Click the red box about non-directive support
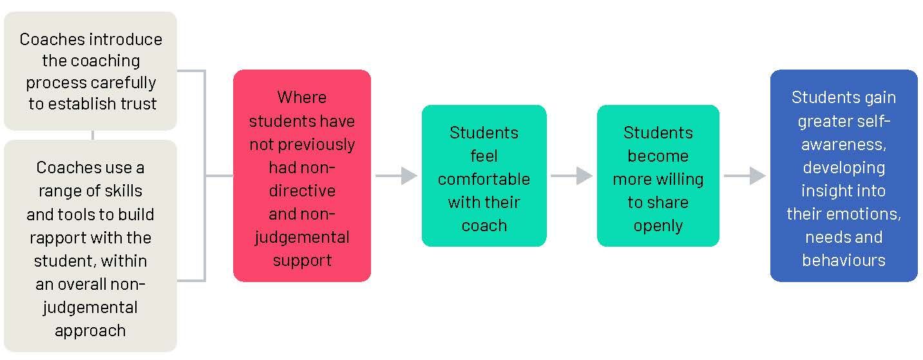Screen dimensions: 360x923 pos(301,175)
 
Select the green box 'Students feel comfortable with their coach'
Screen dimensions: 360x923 pos(484,175)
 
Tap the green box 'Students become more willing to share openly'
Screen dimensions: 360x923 pos(658,175)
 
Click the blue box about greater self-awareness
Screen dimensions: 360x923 pos(843,175)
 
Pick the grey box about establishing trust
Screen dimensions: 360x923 pos(90,71)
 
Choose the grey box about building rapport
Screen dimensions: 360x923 pos(90,245)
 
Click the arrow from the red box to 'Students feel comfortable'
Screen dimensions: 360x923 pos(397,175)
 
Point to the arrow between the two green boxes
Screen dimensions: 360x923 pos(572,175)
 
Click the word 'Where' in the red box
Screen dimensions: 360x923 pos(301,97)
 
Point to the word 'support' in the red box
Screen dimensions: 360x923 pos(301,260)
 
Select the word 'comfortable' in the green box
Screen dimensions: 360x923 pos(484,179)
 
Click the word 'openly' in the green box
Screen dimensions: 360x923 pos(658,225)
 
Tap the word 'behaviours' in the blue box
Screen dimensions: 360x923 pos(843,260)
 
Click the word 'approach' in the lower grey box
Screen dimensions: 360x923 pos(90,330)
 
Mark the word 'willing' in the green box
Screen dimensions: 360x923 pos(680,179)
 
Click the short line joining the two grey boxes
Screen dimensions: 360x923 pos(93,135)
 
